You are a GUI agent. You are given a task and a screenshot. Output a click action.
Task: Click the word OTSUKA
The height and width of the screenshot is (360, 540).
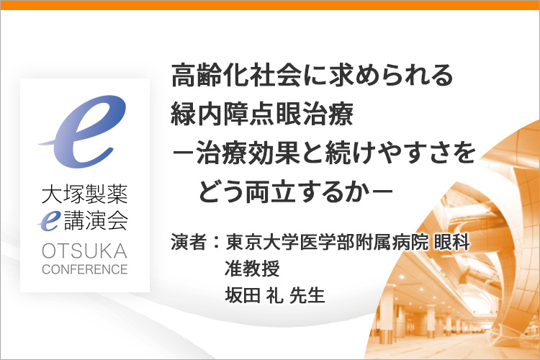[x=85, y=251]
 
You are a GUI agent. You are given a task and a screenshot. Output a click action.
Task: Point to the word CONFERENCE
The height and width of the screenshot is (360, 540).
[x=85, y=269]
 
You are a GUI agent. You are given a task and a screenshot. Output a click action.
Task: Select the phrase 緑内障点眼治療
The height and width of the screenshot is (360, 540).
[x=262, y=114]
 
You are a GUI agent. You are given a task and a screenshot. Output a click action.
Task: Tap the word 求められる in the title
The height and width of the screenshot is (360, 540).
[x=378, y=75]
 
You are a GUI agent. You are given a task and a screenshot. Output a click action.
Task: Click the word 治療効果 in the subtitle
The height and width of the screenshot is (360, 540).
[x=248, y=153]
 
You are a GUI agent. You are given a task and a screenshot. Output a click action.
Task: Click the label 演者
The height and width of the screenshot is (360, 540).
[x=189, y=242]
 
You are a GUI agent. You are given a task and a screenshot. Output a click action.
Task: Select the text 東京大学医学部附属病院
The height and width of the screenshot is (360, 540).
[x=327, y=242]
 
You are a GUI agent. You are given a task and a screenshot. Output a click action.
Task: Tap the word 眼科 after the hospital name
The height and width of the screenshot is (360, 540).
[x=452, y=242]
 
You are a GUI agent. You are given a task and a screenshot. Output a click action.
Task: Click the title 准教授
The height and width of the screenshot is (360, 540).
[x=252, y=269]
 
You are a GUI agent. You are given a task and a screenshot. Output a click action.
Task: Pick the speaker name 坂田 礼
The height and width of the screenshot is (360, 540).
[x=254, y=295]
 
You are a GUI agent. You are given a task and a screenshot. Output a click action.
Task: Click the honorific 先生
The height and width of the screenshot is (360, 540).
[x=307, y=295]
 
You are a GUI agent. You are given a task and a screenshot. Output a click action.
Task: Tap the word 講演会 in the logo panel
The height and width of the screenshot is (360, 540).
[x=96, y=220]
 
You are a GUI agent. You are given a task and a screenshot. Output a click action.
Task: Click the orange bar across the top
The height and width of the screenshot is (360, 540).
[x=270, y=5]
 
